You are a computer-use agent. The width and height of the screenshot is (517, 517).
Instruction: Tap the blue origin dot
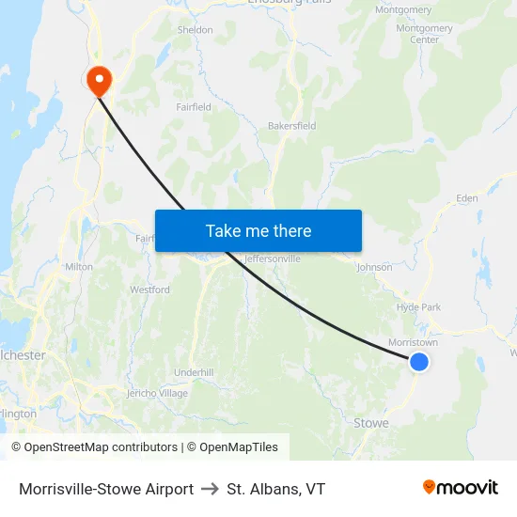coord(419,362)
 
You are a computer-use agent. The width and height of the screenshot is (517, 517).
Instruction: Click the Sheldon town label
coord(196,30)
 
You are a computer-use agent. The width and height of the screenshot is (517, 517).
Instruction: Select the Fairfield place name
coord(194,107)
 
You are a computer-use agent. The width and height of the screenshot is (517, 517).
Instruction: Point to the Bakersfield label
coord(291,126)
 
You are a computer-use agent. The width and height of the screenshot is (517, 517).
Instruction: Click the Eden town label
coord(466,198)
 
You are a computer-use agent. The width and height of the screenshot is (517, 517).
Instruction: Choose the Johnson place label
coord(374,267)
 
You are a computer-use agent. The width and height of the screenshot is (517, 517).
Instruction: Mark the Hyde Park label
coord(418,307)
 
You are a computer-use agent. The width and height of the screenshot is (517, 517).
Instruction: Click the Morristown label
coord(414,343)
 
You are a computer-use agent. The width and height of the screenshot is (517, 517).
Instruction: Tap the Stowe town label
coord(370,423)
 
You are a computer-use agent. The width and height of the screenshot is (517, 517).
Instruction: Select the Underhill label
coord(194,373)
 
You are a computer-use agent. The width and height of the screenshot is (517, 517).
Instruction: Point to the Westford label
coord(149,290)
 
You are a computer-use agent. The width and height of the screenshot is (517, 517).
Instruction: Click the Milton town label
coord(79,267)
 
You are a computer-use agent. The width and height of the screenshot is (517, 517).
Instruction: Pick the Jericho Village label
coord(157,393)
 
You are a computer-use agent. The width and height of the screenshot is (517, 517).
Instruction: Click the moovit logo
coord(460,488)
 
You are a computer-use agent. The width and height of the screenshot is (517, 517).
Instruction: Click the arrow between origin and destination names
coord(210,489)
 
